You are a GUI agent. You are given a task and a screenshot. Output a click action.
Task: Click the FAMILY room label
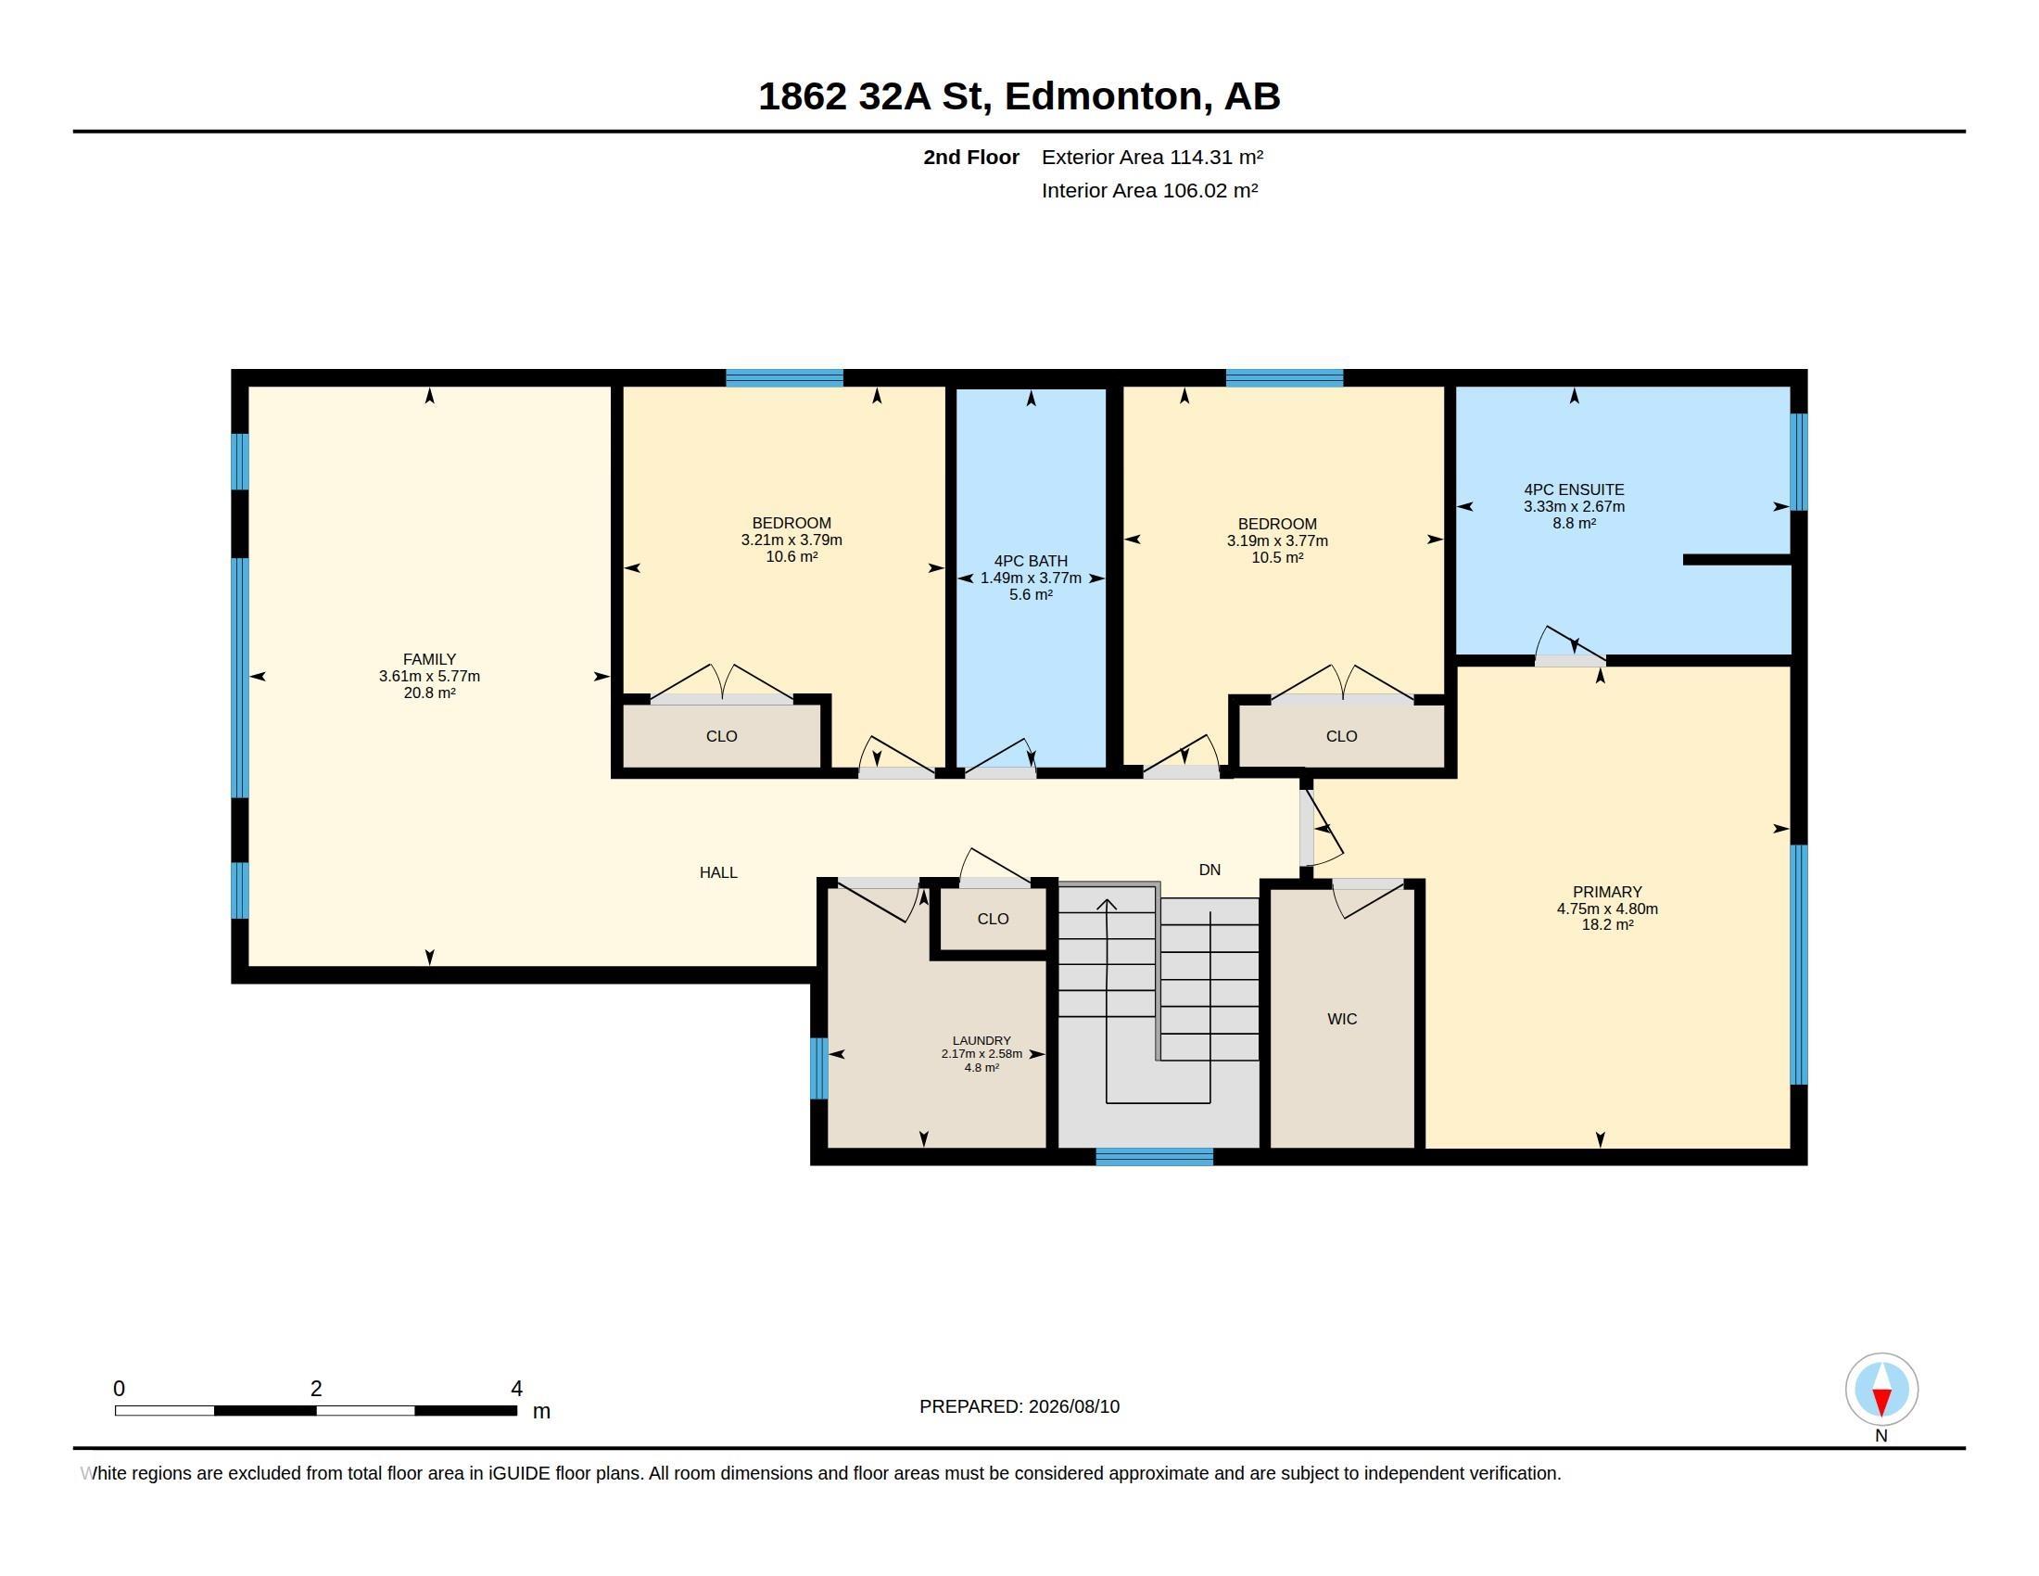[429, 659]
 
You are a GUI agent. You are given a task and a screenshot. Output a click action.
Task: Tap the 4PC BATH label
[1031, 561]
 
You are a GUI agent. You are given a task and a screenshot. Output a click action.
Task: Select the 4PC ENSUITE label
[1574, 489]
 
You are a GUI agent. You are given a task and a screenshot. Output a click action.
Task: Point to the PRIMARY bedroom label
[1607, 892]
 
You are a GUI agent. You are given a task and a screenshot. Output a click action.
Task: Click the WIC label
[1342, 1019]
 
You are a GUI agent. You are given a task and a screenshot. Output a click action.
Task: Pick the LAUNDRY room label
[982, 1040]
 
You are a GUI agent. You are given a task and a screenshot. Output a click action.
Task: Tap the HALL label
[718, 872]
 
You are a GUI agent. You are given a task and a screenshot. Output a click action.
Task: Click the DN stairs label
[1209, 870]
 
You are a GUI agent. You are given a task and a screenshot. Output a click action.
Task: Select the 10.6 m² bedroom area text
[792, 556]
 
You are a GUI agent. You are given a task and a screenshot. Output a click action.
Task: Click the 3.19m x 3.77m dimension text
[1277, 540]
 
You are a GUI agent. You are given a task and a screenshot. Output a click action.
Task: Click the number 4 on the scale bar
[516, 1389]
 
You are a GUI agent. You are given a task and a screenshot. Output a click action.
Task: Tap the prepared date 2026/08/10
[1073, 1406]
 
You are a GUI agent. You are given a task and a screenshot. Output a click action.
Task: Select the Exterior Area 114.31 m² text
[1152, 157]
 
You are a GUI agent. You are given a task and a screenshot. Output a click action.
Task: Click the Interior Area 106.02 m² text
[1149, 190]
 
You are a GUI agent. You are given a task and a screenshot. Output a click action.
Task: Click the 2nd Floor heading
[971, 157]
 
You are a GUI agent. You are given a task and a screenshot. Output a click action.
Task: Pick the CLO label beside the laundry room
[993, 919]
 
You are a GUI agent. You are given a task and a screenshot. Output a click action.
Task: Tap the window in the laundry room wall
[818, 1068]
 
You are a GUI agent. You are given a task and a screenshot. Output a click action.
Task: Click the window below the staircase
[1154, 1157]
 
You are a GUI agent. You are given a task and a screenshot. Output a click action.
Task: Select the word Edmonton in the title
[1104, 96]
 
